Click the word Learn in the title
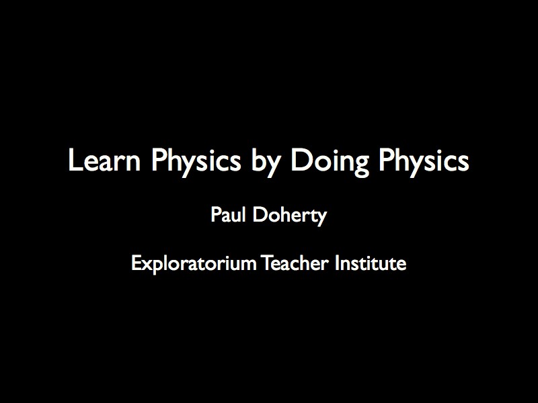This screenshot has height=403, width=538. (105, 160)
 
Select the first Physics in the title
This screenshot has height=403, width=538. (196, 163)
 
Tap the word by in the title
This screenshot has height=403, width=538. (265, 163)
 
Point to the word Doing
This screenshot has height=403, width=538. (330, 163)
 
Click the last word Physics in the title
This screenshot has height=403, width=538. (424, 163)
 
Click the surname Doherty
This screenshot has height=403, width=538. (290, 216)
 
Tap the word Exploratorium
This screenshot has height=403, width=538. (194, 264)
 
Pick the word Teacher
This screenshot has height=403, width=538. (295, 263)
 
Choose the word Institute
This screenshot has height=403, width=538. (371, 263)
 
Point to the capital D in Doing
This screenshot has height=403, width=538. (301, 160)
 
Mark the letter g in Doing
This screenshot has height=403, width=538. (360, 166)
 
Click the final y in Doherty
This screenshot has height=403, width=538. (321, 220)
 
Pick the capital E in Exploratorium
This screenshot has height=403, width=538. (136, 263)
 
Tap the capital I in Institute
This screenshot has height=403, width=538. (338, 263)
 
